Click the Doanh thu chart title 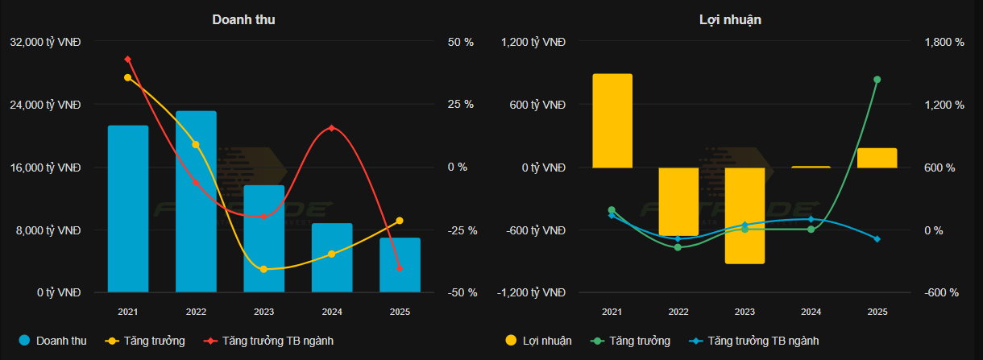[243, 19]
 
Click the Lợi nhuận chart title [730, 19]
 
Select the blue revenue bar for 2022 [196, 201]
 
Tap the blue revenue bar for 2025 [400, 265]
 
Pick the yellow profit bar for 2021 [612, 121]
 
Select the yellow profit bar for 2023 [745, 215]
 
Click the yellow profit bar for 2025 [877, 158]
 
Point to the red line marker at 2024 [332, 129]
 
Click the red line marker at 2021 [128, 59]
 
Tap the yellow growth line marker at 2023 [263, 269]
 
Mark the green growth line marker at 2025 [877, 80]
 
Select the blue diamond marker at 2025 [877, 239]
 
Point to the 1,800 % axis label [941, 42]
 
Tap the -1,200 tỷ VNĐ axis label [533, 293]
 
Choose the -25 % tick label [462, 230]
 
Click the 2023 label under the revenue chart [263, 312]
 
